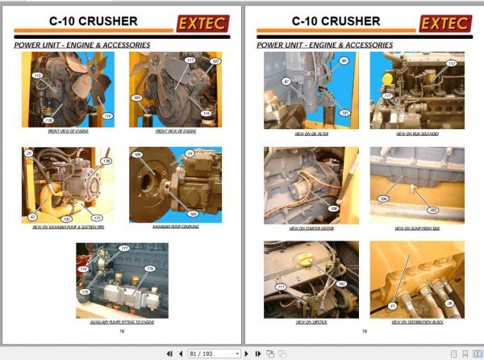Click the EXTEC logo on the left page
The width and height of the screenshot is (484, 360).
pyautogui.click(x=202, y=23)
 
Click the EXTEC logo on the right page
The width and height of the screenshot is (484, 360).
pyautogui.click(x=446, y=23)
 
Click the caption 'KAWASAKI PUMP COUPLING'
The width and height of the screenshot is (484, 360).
pyautogui.click(x=175, y=228)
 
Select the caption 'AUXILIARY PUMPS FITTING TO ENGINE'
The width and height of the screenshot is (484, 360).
pyautogui.click(x=122, y=321)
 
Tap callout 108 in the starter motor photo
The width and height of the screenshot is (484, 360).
pyautogui.click(x=333, y=207)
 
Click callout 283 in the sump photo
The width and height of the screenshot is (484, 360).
pyautogui.click(x=432, y=208)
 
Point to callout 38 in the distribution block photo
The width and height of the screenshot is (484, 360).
pyautogui.click(x=449, y=303)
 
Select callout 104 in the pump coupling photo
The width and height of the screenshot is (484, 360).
pyautogui.click(x=192, y=214)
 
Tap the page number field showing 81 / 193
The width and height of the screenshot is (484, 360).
pyautogui.click(x=214, y=354)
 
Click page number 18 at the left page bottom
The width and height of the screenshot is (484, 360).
pyautogui.click(x=122, y=331)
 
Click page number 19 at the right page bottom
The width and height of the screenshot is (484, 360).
pyautogui.click(x=365, y=331)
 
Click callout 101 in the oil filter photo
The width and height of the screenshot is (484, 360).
pyautogui.click(x=344, y=112)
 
